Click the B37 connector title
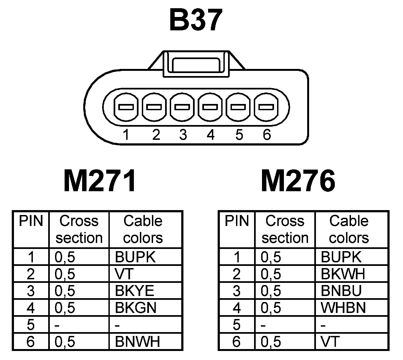(195, 20)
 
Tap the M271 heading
(100, 181)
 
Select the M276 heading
(298, 181)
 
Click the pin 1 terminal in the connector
(126, 107)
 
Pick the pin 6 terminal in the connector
(266, 107)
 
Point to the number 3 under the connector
(183, 135)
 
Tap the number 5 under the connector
(239, 135)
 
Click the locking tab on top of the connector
(196, 65)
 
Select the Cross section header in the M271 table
(79, 229)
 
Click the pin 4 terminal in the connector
(210, 107)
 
